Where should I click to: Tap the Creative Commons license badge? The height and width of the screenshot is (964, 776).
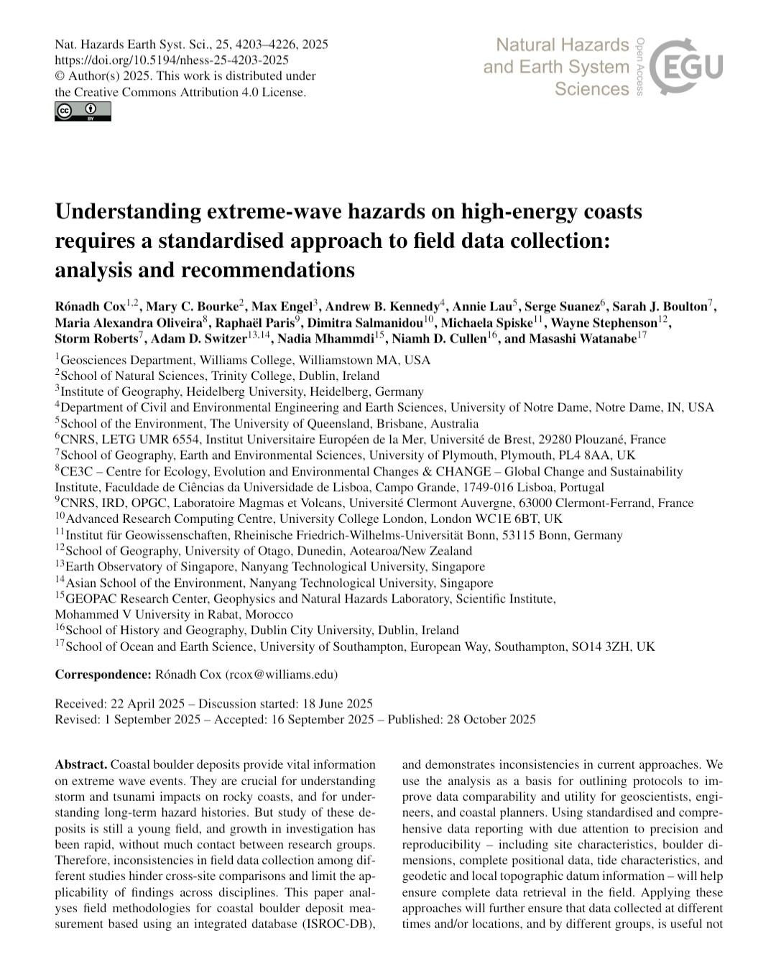(x=83, y=111)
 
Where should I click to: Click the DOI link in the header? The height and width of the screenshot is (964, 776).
(x=172, y=60)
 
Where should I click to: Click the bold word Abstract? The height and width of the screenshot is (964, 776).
(x=81, y=764)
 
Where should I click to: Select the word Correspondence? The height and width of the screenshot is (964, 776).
(x=103, y=675)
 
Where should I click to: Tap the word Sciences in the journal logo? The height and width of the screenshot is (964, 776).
(x=592, y=89)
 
